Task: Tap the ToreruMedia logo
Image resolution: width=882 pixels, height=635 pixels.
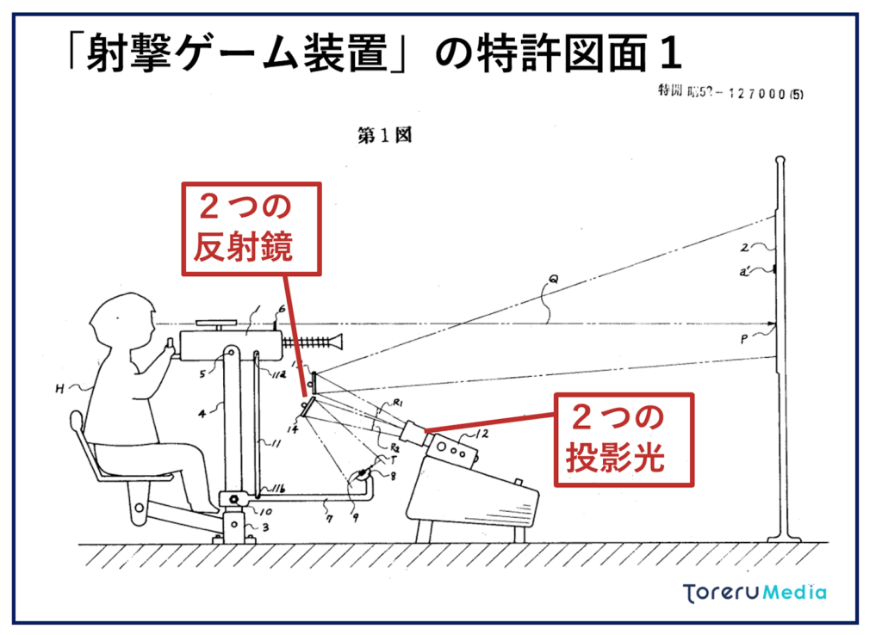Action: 755,592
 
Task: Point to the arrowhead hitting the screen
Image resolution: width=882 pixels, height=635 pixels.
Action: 773,326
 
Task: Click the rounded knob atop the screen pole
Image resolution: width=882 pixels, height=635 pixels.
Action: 780,160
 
